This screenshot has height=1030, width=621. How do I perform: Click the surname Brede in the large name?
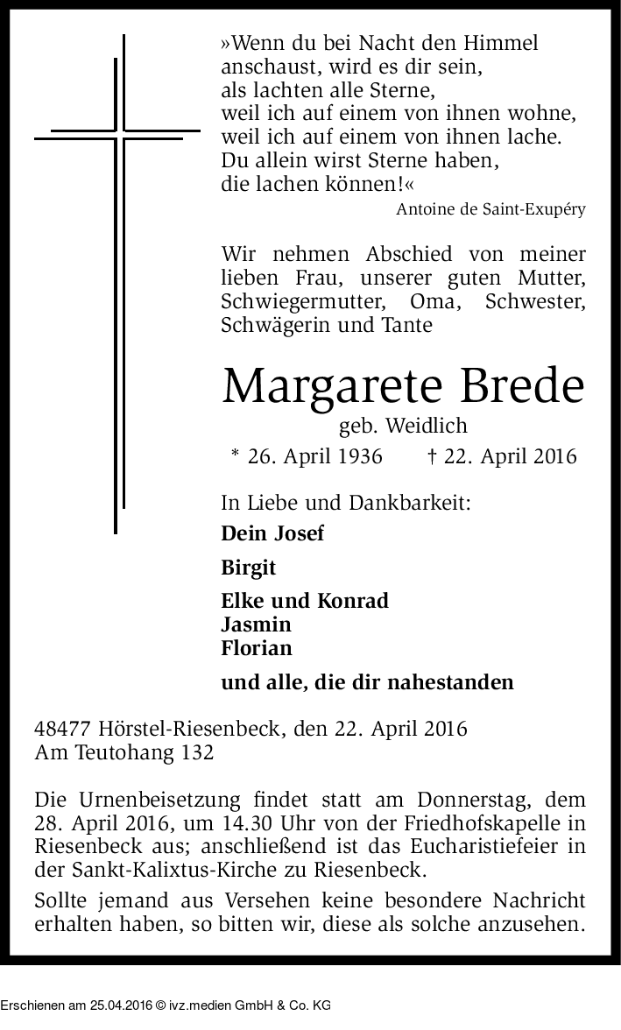pos(518,385)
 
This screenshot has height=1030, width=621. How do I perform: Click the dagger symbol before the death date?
pos(432,456)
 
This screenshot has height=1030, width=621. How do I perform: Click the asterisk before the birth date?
pos(235,455)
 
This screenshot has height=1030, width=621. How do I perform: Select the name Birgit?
pos(249,568)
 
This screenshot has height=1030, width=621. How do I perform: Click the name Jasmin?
pos(257,624)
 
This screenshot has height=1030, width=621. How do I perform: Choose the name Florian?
pos(257,648)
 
